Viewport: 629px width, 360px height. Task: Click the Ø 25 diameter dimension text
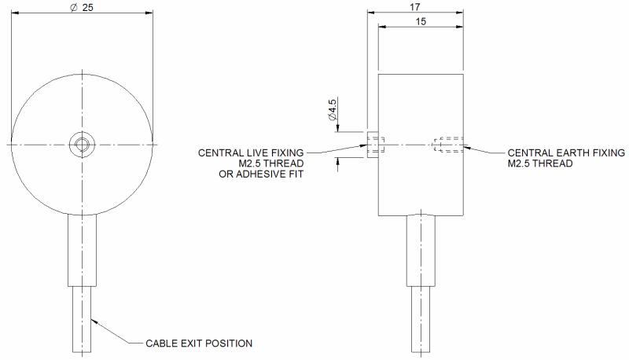point(82,7)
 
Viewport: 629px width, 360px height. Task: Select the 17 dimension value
point(415,7)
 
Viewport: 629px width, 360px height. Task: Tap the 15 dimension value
point(421,21)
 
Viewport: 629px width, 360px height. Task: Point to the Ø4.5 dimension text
point(332,109)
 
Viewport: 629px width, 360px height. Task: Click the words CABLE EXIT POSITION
point(199,343)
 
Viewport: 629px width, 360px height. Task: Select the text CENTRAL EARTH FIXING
point(566,152)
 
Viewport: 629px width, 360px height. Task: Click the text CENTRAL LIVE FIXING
point(251,152)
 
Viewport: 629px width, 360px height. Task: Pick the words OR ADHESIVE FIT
point(261,174)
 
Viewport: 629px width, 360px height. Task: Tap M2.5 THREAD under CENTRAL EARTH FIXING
point(540,163)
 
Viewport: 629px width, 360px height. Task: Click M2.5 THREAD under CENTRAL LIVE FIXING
point(271,163)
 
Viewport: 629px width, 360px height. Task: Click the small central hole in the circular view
point(83,144)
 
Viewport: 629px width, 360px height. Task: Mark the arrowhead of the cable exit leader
point(94,321)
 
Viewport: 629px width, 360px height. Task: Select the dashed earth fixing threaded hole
point(447,145)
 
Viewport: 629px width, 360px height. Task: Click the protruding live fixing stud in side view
point(373,145)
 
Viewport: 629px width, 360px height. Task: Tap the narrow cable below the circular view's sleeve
point(82,319)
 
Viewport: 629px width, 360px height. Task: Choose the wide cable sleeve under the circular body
point(82,250)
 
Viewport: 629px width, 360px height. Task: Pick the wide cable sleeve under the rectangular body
point(421,251)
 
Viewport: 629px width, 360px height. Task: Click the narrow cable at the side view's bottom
point(421,319)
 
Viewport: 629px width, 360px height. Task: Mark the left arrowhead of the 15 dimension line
point(382,27)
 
